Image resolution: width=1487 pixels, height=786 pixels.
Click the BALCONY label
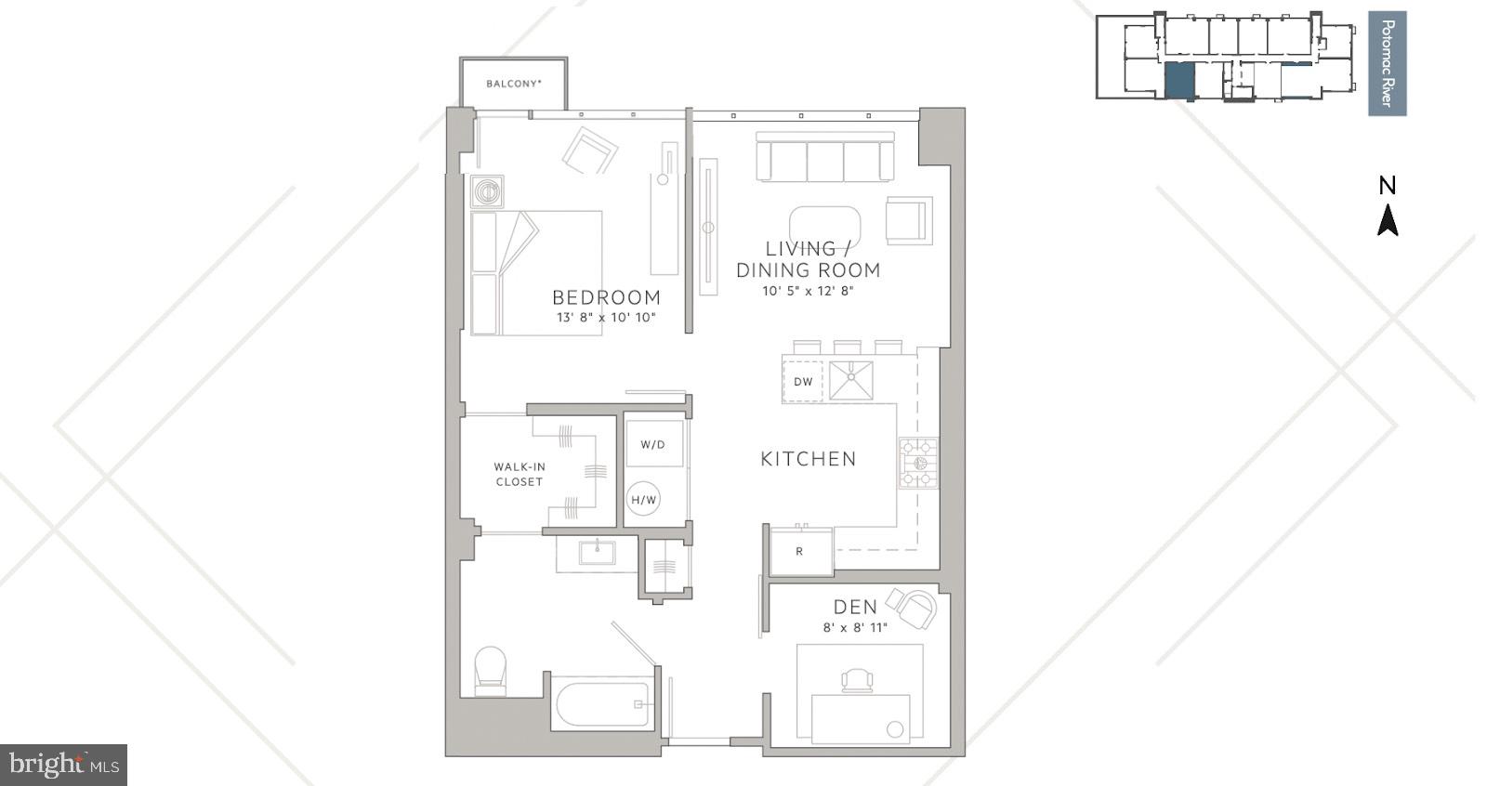pyautogui.click(x=513, y=84)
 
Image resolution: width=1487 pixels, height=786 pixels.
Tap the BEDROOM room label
pyautogui.click(x=606, y=297)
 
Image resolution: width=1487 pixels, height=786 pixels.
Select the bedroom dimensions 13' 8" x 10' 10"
pyautogui.click(x=606, y=318)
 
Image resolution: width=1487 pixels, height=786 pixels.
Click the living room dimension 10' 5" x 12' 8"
pyautogui.click(x=808, y=291)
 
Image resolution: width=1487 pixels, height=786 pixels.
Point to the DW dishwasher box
pyautogui.click(x=803, y=381)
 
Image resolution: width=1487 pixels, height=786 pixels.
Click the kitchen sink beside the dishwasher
pyautogui.click(x=850, y=381)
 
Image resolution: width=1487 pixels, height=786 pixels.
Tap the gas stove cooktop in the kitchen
pyautogui.click(x=918, y=463)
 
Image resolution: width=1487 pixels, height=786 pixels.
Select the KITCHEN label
pyautogui.click(x=808, y=458)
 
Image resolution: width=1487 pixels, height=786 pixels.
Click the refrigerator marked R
pyautogui.click(x=800, y=551)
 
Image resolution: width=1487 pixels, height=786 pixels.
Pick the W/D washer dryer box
pyautogui.click(x=653, y=445)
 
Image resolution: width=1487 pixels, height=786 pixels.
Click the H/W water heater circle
pyautogui.click(x=644, y=500)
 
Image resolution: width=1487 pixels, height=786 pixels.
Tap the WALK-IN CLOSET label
pyautogui.click(x=519, y=474)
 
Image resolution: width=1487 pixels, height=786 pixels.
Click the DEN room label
pyautogui.click(x=854, y=607)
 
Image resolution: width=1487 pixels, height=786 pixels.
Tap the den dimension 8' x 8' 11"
pyautogui.click(x=854, y=628)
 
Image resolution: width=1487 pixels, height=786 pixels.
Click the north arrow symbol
pyautogui.click(x=1388, y=220)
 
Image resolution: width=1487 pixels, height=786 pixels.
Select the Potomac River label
pyautogui.click(x=1387, y=63)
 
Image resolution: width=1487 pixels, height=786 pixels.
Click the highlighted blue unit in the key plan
pyautogui.click(x=1178, y=82)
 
